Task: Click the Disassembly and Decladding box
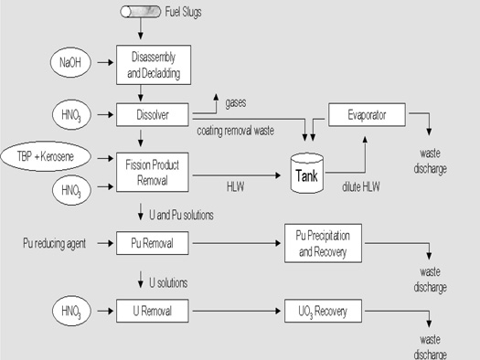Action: (152, 65)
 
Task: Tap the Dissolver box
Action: (152, 116)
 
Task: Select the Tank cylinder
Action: (308, 172)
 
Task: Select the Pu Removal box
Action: (152, 245)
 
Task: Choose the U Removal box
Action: (152, 312)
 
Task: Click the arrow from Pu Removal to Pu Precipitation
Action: (233, 245)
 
